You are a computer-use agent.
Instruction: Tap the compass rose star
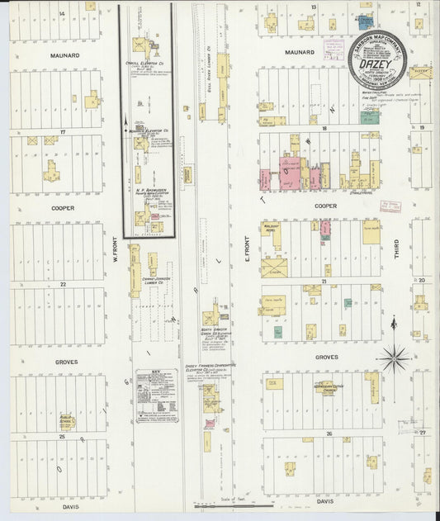coord(395,357)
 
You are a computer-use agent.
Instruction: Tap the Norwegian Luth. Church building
coord(334,387)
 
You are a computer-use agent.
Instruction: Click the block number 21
coord(325,282)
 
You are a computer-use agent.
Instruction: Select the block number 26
coord(328,433)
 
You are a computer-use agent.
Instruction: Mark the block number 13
coord(314,7)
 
